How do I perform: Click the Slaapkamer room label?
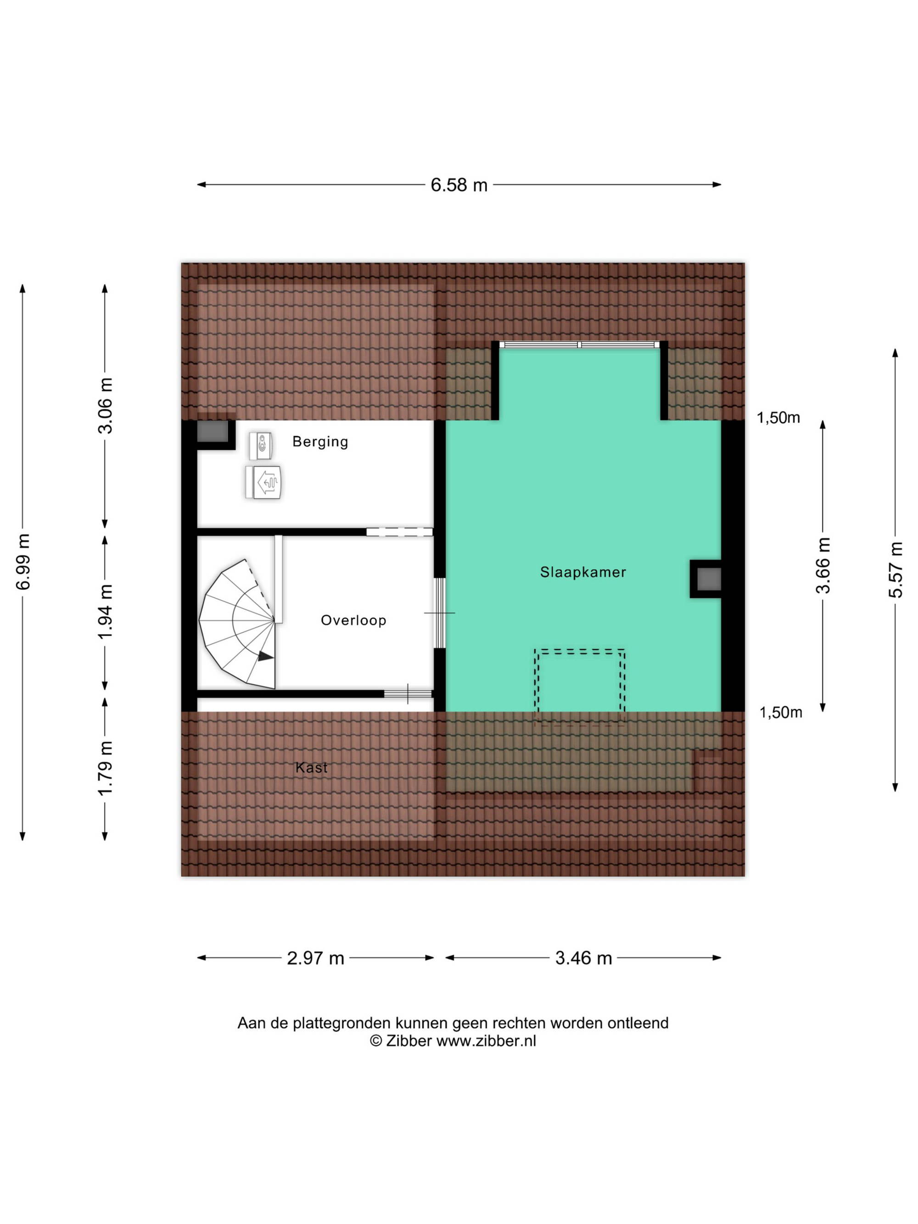click(x=582, y=572)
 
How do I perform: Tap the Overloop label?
click(x=353, y=620)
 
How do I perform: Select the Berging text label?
click(x=320, y=442)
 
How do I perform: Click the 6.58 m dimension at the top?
click(x=459, y=185)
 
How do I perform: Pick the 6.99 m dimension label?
click(x=22, y=562)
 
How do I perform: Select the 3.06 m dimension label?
click(x=105, y=406)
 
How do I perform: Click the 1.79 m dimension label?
click(x=105, y=769)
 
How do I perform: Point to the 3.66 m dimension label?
click(x=823, y=565)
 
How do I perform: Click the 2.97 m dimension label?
click(x=315, y=958)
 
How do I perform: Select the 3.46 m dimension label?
click(x=583, y=958)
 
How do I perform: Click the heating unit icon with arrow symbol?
click(x=264, y=482)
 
